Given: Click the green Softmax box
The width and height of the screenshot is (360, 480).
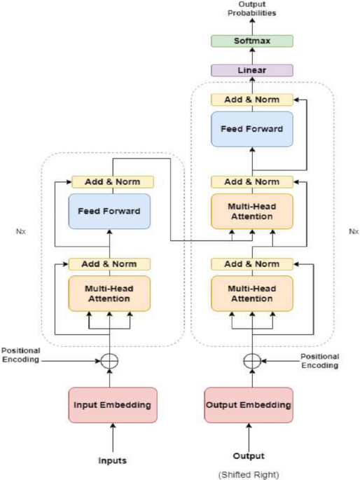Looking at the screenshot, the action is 252,41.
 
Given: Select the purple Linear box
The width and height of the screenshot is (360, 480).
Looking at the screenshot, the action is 252,70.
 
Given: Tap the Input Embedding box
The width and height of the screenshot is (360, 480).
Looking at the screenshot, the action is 113,405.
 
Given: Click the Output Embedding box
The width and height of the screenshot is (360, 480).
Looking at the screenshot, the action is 249,405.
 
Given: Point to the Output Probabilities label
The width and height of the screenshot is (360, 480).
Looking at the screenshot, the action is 252,8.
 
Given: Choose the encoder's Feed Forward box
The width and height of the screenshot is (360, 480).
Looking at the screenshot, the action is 109,211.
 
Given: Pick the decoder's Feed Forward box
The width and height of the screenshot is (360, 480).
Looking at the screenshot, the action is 252,129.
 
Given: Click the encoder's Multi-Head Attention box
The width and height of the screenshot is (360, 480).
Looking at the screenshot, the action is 109,294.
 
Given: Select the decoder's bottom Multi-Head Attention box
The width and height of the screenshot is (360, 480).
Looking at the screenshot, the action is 252,294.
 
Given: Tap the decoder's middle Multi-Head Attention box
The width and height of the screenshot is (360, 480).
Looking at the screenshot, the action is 252,211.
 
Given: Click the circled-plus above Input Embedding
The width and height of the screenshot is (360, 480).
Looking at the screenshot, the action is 109,361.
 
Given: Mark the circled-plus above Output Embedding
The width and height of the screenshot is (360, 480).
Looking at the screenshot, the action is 252,361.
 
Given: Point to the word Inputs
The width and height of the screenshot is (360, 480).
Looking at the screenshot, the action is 112,460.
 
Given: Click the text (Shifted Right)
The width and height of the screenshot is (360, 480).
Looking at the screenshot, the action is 249,475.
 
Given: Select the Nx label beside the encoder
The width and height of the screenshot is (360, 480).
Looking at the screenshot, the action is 21,231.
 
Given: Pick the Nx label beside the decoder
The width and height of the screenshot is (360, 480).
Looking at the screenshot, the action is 354,231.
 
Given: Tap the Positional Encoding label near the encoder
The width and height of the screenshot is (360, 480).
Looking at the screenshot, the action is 21,355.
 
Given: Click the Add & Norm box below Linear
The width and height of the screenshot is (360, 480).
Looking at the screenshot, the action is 252,100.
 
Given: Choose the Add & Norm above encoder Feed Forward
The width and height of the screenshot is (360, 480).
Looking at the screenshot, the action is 113,182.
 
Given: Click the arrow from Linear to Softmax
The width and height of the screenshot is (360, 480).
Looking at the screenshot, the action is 252,56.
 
